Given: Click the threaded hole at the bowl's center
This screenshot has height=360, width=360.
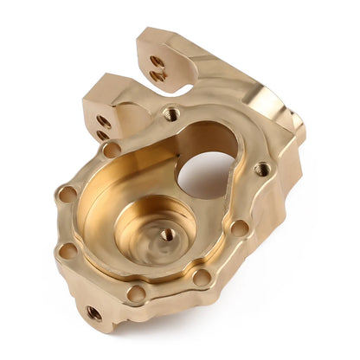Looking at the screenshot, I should click(168, 234).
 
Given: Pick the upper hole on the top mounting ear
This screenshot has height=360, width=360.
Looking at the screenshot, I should click(156, 61).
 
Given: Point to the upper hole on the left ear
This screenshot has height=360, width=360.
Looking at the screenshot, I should click(104, 120).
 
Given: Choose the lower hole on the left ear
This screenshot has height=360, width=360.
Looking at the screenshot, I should click(102, 134).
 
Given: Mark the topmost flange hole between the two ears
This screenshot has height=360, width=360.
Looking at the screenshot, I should click(171, 113).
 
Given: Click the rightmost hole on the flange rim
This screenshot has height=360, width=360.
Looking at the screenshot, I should click(261, 170).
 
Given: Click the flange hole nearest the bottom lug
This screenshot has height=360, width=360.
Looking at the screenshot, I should click(136, 293).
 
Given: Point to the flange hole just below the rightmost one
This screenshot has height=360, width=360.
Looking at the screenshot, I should click(240, 228).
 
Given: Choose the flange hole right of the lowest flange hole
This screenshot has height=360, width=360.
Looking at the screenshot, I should click(201, 278).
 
